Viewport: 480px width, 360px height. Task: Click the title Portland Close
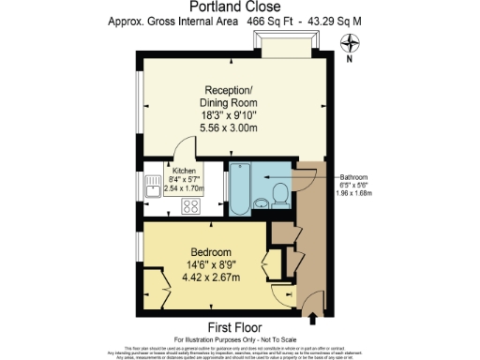(239, 7)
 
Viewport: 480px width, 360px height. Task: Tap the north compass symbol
(351, 42)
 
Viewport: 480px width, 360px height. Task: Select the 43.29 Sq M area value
(347, 20)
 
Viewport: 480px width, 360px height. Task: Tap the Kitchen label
(184, 172)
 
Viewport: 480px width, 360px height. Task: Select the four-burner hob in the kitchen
(192, 206)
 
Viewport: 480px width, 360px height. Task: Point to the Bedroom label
(212, 252)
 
